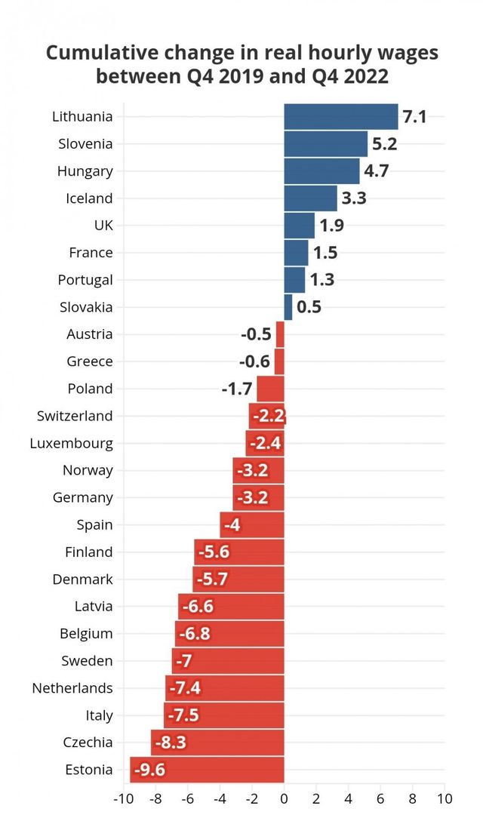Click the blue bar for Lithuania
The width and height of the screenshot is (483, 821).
point(340,117)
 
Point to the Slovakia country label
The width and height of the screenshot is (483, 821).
point(86,307)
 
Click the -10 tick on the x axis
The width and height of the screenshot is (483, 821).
point(122,798)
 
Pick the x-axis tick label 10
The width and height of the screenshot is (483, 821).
point(445,798)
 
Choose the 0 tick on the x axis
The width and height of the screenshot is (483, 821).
point(284,798)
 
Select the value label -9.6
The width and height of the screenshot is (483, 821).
point(149,770)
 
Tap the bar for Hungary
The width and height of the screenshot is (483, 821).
point(321,171)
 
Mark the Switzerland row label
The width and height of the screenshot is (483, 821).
point(75,416)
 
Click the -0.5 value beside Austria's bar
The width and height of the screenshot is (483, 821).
point(256,334)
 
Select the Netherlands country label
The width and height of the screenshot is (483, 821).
point(72,688)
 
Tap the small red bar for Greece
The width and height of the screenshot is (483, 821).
point(279,361)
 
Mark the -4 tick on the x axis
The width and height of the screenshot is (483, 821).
point(220,798)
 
